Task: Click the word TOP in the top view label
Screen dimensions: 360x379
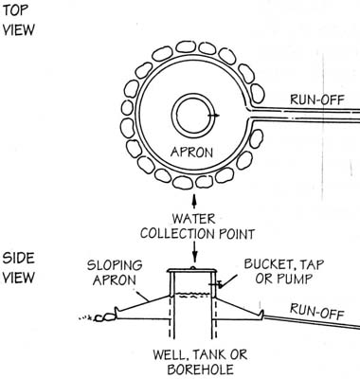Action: click(x=15, y=9)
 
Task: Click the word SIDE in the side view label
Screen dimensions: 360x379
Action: click(x=18, y=258)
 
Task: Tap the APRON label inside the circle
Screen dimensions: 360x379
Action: click(x=191, y=153)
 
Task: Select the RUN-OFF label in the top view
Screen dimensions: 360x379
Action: click(x=316, y=99)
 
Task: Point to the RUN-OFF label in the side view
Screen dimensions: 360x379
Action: click(x=316, y=311)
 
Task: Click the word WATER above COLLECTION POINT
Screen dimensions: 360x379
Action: click(x=193, y=219)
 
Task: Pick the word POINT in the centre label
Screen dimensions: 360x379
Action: click(x=237, y=234)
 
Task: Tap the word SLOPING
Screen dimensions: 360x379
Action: click(x=115, y=265)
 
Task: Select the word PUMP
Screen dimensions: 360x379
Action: click(x=296, y=279)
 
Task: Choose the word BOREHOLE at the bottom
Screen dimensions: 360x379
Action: click(x=200, y=370)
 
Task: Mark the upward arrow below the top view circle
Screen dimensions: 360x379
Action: click(x=194, y=201)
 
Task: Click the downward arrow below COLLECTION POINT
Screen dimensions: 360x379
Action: click(x=195, y=252)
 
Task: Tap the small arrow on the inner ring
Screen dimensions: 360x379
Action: click(x=214, y=116)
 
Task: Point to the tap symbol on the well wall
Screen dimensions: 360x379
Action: click(x=219, y=284)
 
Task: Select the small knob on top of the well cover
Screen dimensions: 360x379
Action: click(x=193, y=268)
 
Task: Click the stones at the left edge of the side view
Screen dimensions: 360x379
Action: click(x=104, y=317)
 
